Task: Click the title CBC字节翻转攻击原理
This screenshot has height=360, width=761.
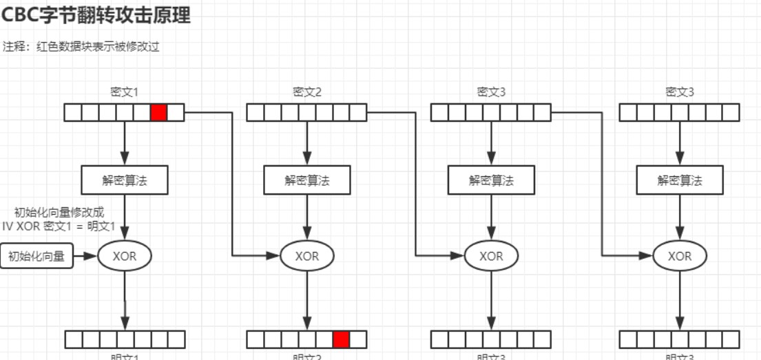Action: [96, 15]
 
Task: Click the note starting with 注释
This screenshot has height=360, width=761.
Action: [81, 47]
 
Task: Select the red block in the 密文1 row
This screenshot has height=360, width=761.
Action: [159, 112]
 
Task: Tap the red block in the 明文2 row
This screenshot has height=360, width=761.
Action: [341, 339]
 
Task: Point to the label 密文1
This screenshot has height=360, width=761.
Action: [125, 92]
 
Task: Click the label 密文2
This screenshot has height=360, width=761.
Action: [307, 92]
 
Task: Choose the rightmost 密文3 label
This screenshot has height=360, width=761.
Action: [680, 92]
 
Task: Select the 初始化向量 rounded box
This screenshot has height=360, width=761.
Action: [37, 256]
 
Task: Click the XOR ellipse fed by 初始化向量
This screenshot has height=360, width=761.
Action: [125, 256]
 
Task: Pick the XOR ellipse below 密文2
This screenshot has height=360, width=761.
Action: [307, 256]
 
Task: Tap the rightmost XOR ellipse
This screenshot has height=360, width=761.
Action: [680, 256]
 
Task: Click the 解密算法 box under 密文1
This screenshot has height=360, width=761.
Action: [125, 180]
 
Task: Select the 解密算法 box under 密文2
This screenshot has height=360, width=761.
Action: [307, 180]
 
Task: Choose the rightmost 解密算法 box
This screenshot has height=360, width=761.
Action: [680, 180]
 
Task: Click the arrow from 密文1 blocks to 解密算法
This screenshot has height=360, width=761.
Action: [125, 143]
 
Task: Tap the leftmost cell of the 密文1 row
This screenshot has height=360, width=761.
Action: [73, 112]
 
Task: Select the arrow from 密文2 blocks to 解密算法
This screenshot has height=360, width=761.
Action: [307, 143]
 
